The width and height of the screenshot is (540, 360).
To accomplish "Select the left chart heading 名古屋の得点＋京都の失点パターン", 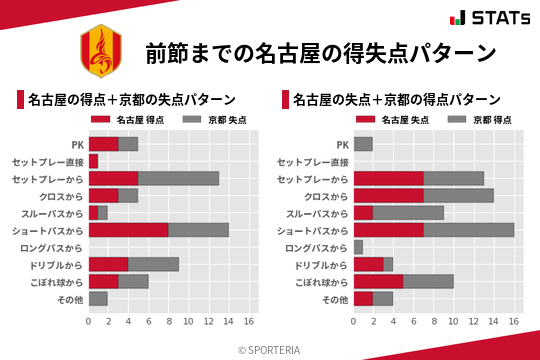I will [x=131, y=100].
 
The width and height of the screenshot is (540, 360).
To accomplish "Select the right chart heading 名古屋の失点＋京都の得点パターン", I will [x=397, y=100].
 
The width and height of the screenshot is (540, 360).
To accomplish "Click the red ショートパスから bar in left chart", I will [x=128, y=230].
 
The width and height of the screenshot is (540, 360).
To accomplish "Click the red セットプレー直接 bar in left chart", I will [x=93, y=161].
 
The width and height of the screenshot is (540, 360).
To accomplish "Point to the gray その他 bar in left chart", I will [x=98, y=298].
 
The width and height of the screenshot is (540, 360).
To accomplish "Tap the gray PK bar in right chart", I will [x=363, y=144].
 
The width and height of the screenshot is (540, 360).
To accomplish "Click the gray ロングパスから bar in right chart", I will [x=358, y=247].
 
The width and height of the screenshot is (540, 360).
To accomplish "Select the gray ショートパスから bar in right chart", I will [x=468, y=230].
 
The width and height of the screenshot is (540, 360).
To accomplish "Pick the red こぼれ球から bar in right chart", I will [x=378, y=281].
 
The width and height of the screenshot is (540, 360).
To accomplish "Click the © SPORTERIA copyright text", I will [x=270, y=349].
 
